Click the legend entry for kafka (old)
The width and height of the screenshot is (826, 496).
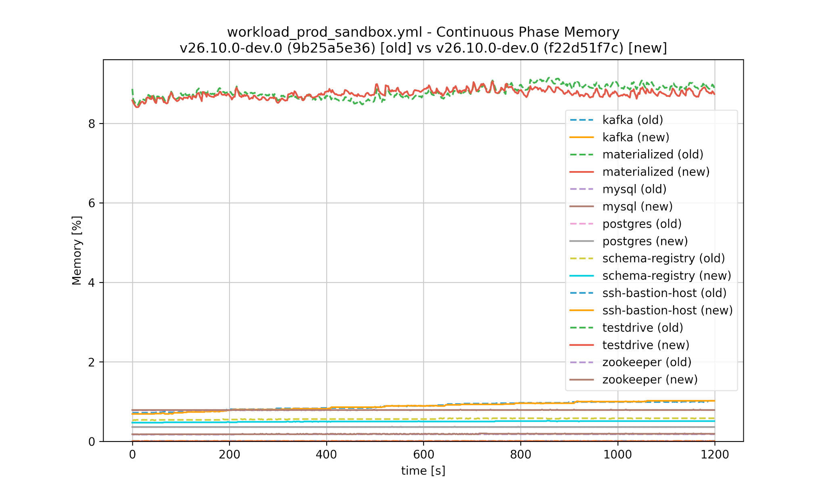coord(632,120)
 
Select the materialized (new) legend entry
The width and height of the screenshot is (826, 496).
coord(656,172)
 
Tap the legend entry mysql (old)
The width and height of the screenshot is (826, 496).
coord(634,189)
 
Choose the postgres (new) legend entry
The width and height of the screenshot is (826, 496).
coord(645,241)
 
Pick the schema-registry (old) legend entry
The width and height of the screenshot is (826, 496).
coord(663,258)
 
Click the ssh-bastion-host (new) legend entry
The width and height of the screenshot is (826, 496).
coord(667,310)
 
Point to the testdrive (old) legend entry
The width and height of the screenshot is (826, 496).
coord(642,328)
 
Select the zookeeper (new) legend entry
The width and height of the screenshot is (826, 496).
coord(650,380)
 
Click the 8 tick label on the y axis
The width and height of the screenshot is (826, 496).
coord(92,123)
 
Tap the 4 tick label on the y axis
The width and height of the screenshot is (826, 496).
coord(92,283)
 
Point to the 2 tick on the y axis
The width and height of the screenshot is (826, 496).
coord(92,362)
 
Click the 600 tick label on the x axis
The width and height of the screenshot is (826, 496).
coord(423,455)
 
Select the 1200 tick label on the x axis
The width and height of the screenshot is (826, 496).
coord(714,455)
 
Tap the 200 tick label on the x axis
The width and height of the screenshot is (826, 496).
coord(229,455)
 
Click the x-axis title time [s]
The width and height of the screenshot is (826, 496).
coord(423,471)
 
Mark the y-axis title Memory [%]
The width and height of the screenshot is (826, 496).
coord(77,251)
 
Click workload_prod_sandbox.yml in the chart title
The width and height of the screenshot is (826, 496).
coord(325,32)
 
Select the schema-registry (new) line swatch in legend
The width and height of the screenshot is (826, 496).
coord(582,276)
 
